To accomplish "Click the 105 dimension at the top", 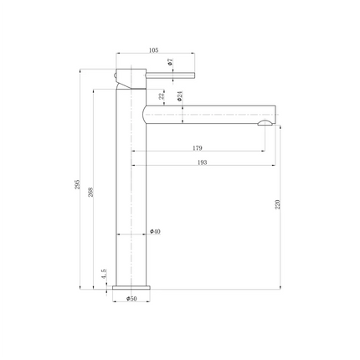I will pyautogui.click(x=153, y=49).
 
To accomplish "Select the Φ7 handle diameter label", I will pyautogui.click(x=169, y=62).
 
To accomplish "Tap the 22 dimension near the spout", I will pyautogui.click(x=162, y=97).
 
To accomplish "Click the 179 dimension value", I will pyautogui.click(x=198, y=148).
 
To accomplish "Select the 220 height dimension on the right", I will pyautogui.click(x=275, y=204).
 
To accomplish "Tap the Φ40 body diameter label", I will pyautogui.click(x=155, y=232).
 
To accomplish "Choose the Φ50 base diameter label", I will pyautogui.click(x=131, y=298).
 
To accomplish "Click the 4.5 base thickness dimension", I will pyautogui.click(x=102, y=274).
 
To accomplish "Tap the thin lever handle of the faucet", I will pyautogui.click(x=172, y=74).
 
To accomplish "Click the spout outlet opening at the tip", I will pyautogui.click(x=265, y=124).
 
